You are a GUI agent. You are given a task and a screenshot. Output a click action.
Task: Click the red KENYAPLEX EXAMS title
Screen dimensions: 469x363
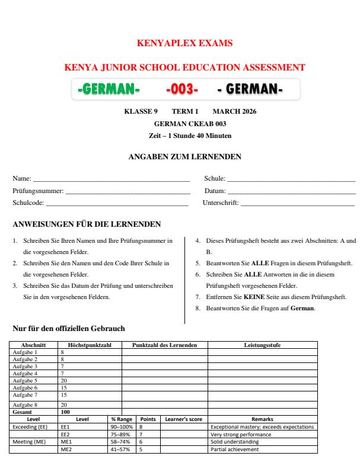(x=184, y=43)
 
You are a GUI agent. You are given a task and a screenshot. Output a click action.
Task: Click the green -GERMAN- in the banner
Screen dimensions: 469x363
(x=109, y=89)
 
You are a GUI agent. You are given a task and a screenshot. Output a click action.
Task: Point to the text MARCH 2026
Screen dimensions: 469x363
(x=234, y=112)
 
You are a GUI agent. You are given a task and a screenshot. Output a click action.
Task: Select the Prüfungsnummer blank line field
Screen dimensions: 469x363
(x=127, y=191)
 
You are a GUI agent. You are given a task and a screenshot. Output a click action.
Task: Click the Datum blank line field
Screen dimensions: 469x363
(x=291, y=191)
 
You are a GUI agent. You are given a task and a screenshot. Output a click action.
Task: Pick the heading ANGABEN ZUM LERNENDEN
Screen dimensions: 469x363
(x=184, y=156)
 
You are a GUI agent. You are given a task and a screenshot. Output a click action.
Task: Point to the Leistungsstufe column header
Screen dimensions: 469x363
(x=262, y=345)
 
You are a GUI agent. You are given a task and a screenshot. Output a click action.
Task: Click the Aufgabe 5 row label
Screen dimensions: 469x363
(x=25, y=381)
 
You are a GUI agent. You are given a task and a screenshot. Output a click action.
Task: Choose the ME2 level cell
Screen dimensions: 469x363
(x=66, y=449)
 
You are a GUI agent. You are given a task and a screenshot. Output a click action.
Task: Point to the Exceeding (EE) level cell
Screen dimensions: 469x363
(x=30, y=426)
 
